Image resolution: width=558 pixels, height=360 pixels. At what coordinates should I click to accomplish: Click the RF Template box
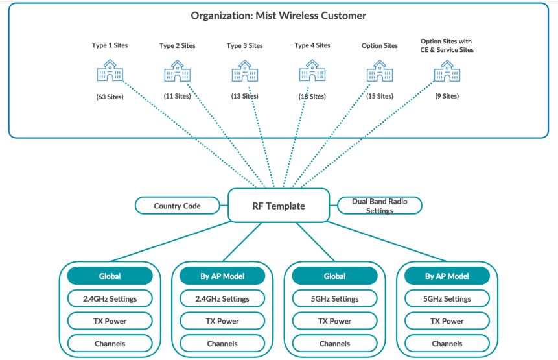click(x=279, y=206)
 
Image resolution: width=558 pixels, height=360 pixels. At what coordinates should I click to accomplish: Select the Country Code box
click(x=177, y=206)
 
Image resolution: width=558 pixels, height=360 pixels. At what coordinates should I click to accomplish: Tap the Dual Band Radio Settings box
click(x=379, y=206)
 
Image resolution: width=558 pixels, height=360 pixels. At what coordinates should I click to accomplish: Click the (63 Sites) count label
click(x=110, y=96)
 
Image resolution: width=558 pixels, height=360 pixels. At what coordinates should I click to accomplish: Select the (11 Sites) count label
click(x=177, y=96)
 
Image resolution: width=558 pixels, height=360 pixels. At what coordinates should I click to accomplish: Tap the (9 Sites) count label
click(x=447, y=96)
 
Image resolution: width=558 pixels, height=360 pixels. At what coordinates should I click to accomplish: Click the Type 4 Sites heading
click(x=312, y=45)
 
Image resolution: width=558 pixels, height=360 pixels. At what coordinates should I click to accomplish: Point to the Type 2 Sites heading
click(x=177, y=45)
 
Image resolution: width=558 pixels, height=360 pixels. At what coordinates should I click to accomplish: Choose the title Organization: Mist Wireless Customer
click(x=278, y=15)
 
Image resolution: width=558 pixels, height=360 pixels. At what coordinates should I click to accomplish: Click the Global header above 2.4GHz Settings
click(x=110, y=276)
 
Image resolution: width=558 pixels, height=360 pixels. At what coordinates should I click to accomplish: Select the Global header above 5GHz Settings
click(x=334, y=276)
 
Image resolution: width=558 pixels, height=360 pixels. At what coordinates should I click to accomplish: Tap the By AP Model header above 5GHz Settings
click(x=447, y=276)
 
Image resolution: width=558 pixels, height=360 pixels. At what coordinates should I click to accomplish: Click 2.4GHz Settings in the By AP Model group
click(x=222, y=298)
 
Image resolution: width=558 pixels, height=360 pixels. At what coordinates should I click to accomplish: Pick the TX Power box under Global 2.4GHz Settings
click(x=110, y=320)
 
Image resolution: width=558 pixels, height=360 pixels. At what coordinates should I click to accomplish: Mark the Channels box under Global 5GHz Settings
click(x=334, y=343)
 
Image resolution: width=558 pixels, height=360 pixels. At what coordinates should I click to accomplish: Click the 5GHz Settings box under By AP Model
click(x=447, y=298)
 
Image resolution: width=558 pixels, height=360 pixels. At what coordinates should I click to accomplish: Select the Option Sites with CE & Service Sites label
click(x=447, y=45)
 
